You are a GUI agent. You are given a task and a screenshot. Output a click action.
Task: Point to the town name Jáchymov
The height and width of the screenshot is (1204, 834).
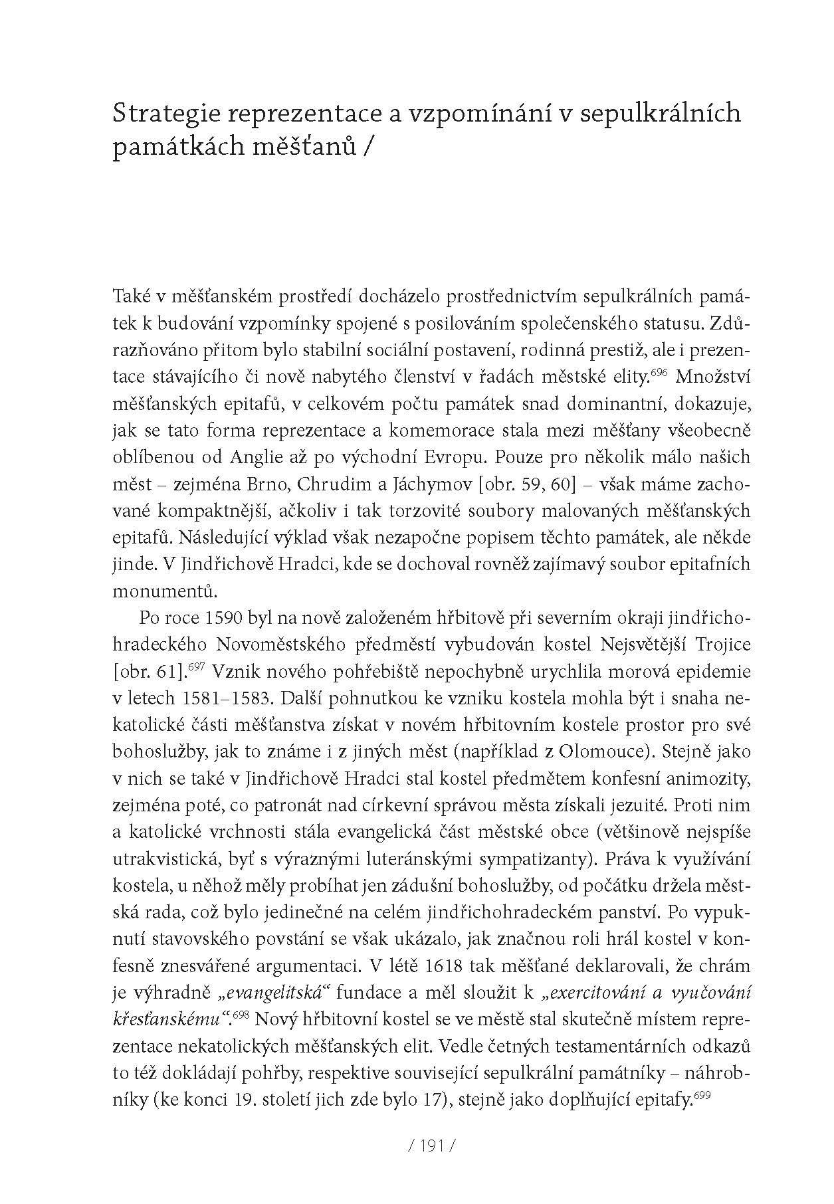click(412, 484)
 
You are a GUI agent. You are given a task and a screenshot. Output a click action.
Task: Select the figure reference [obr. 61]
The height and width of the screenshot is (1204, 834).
click(151, 672)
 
